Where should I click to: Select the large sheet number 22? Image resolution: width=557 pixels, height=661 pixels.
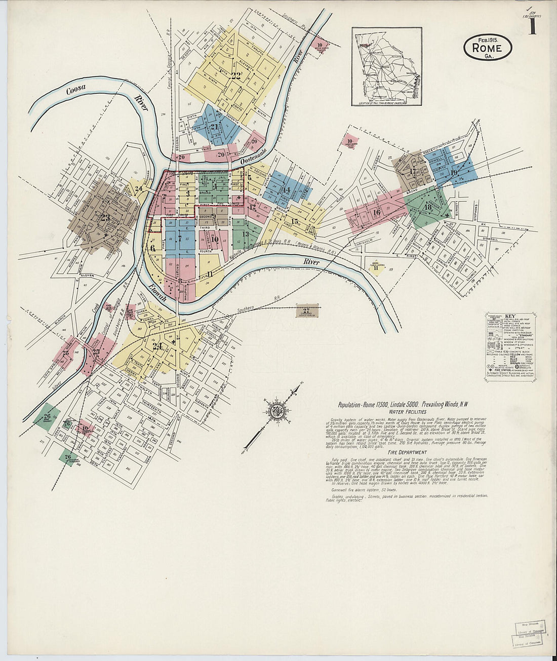click(235, 76)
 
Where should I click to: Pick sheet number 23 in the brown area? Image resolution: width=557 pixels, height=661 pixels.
click(105, 218)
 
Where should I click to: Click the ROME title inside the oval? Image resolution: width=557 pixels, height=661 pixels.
click(487, 48)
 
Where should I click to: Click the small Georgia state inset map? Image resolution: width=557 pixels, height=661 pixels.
click(387, 66)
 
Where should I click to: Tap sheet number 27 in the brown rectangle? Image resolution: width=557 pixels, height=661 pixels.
click(306, 311)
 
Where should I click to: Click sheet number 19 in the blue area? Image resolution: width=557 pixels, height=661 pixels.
click(454, 173)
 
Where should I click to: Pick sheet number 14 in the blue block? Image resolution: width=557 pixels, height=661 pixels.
click(287, 190)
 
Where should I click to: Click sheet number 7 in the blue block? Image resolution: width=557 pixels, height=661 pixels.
click(179, 238)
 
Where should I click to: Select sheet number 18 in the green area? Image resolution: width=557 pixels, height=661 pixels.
click(428, 207)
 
